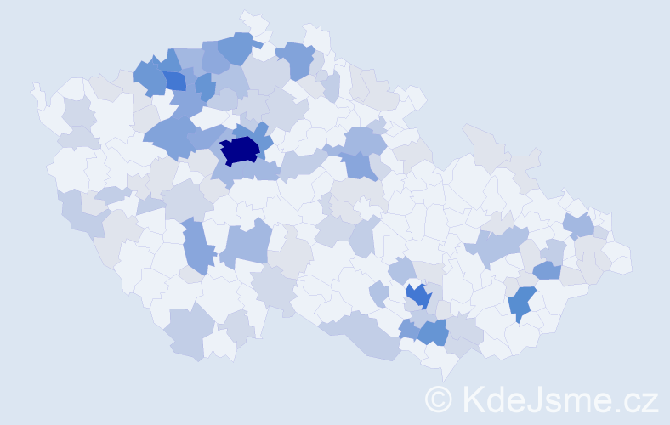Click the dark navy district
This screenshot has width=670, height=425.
239,150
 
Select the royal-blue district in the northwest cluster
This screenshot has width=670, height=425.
174,81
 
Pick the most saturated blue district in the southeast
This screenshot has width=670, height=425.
417,296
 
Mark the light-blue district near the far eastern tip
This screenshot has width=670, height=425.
580,225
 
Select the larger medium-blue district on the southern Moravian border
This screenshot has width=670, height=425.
433,332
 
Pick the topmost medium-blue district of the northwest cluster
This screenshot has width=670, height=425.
238,48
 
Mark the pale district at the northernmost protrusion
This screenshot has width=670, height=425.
253,22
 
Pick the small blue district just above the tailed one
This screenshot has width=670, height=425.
547,270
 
